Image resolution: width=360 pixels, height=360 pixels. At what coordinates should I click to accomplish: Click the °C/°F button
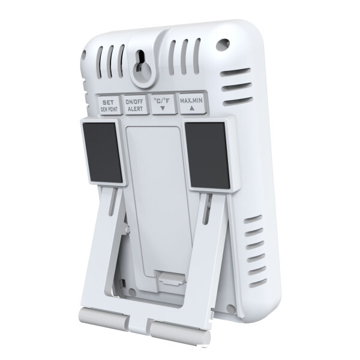tap(163, 104)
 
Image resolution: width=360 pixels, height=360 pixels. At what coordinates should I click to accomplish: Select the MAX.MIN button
tap(192, 103)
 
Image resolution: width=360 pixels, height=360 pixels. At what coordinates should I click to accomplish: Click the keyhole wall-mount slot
tap(141, 63)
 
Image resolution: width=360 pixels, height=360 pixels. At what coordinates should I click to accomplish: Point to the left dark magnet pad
tap(103, 152)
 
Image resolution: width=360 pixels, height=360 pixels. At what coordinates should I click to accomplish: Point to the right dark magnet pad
tap(208, 155)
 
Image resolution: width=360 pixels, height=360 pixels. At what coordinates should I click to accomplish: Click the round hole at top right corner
tap(223, 45)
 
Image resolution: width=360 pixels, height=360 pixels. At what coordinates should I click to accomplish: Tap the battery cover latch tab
tap(170, 278)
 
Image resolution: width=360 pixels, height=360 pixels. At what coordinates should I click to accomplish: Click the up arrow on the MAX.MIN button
tap(192, 108)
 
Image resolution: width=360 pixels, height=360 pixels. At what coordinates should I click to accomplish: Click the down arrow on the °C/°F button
tap(163, 108)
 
